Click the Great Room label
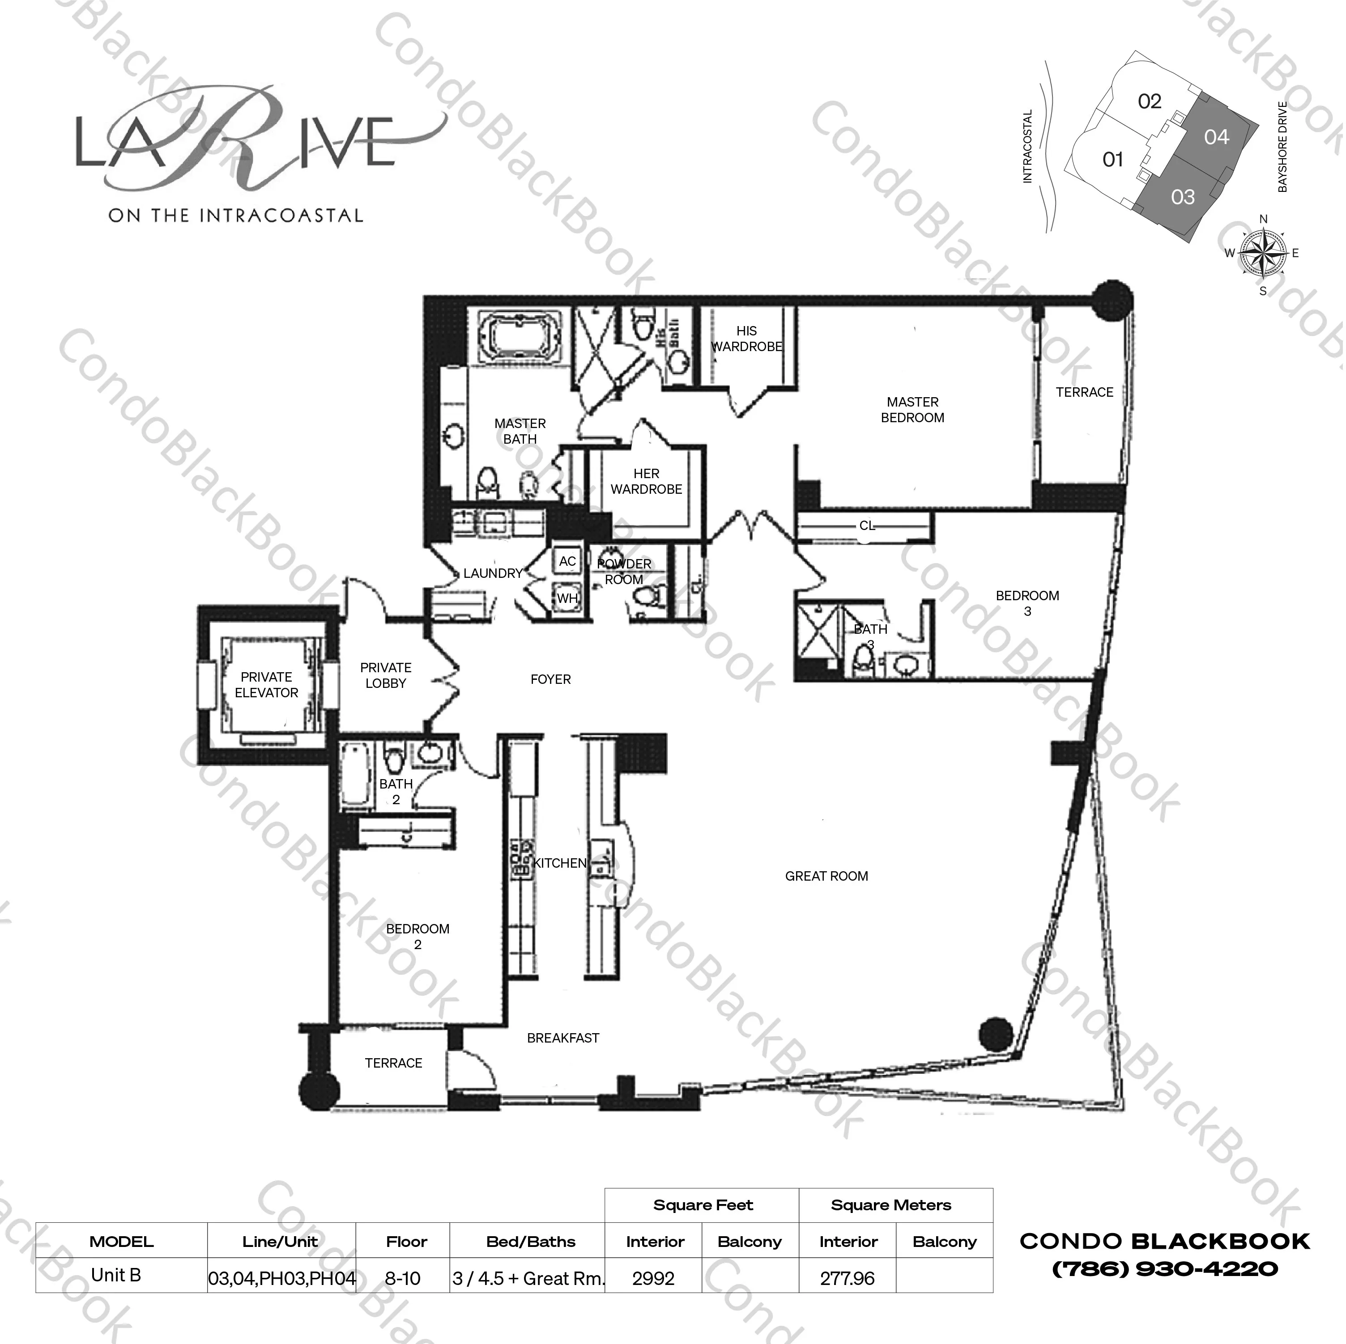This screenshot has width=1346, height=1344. (826, 876)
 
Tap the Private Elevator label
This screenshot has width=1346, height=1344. (266, 685)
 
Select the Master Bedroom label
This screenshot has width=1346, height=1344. (912, 410)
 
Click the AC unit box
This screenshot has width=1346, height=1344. (567, 561)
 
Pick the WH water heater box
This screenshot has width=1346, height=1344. (567, 598)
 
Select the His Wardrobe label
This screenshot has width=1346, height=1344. (746, 339)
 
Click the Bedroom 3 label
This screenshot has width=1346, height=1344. (1027, 603)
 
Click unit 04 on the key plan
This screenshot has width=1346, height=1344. (1216, 137)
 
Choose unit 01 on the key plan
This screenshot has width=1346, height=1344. (1112, 160)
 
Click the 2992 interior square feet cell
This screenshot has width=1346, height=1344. (653, 1279)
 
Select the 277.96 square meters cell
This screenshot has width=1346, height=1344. (847, 1279)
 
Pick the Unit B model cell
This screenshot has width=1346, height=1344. (116, 1275)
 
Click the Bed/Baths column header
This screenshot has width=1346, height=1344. (531, 1242)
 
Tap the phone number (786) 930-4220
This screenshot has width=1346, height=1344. (1164, 1269)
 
